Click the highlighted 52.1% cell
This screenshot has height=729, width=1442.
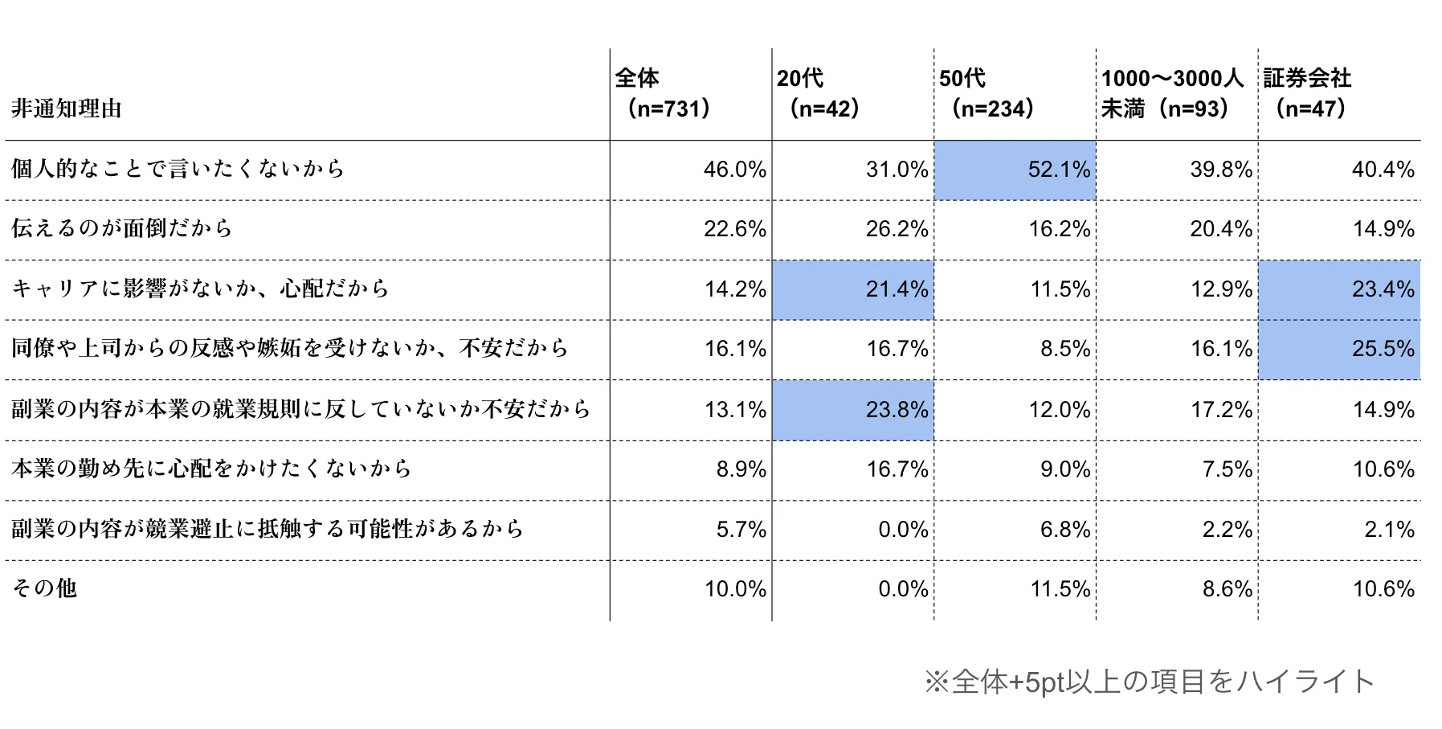[1014, 170]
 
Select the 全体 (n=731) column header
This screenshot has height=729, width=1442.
[664, 93]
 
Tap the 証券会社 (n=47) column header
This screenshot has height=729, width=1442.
[1309, 93]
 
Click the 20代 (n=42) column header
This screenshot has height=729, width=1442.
[819, 93]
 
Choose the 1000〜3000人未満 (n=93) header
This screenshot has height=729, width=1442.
[1171, 93]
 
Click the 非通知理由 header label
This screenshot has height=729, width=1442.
[67, 109]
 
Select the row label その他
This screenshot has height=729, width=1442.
[44, 588]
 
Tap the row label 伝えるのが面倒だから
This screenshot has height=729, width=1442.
[121, 228]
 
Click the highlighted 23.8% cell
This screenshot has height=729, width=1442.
[852, 410]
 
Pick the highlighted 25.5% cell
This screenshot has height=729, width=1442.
[1338, 349]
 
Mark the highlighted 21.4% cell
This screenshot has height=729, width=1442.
[852, 289]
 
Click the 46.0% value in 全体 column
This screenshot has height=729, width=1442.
[734, 170]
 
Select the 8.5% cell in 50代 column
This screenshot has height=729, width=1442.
[1064, 349]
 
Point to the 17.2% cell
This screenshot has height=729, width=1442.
[1220, 410]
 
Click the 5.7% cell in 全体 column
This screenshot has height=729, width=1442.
[741, 530]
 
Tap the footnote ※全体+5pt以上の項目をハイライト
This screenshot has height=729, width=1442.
[1149, 682]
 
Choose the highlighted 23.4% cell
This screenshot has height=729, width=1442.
[1338, 289]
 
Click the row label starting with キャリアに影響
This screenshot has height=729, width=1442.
[200, 289]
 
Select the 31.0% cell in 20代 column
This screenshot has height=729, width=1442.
[897, 170]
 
